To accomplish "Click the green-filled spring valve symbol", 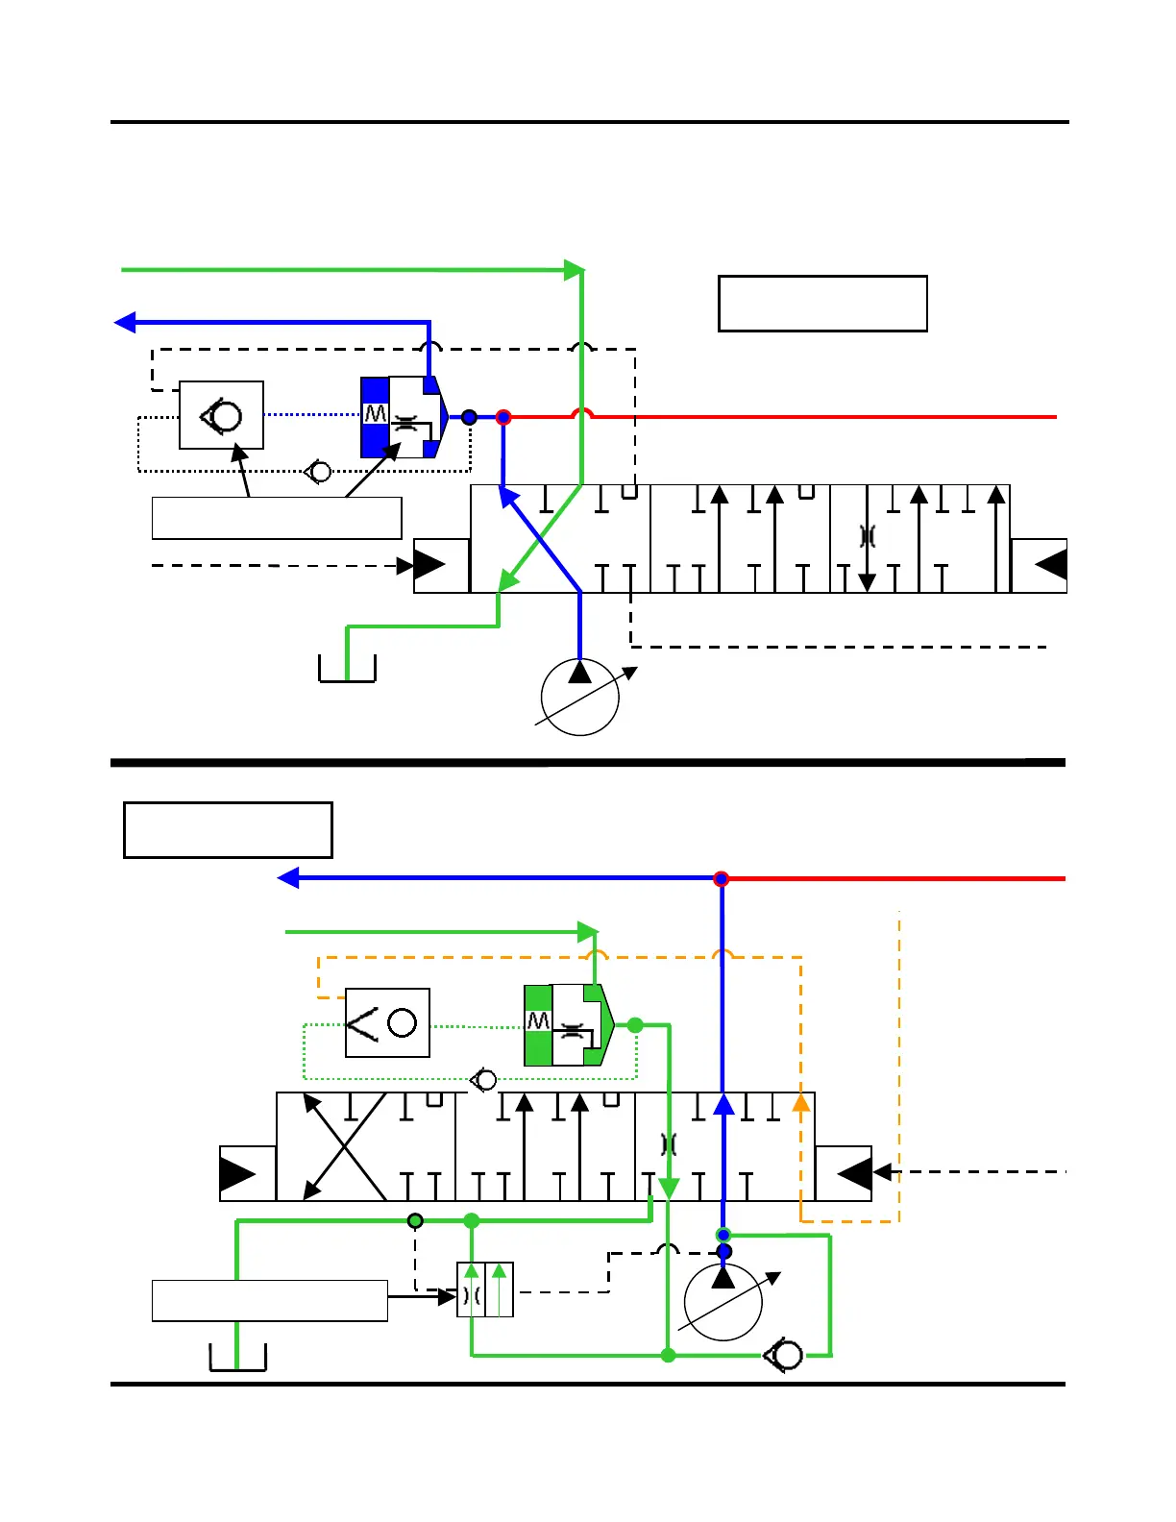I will (568, 1025).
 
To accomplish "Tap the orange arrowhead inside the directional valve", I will (800, 1103).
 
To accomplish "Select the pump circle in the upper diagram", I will (579, 698).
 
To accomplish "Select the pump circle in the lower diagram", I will (723, 1302).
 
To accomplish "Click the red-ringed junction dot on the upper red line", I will (503, 417).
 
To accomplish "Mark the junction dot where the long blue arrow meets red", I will (722, 878).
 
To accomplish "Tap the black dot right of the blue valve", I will (469, 417).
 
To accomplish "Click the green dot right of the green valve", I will (635, 1025).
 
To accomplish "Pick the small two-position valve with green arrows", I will (485, 1289).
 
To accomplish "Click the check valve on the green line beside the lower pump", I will (784, 1355).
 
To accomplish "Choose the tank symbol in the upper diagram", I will (347, 668).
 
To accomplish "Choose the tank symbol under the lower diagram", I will (237, 1357).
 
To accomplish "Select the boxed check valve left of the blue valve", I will (222, 415).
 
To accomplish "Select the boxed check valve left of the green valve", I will (387, 1022).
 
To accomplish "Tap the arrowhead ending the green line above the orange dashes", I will (588, 932).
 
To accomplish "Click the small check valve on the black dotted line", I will (318, 472).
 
